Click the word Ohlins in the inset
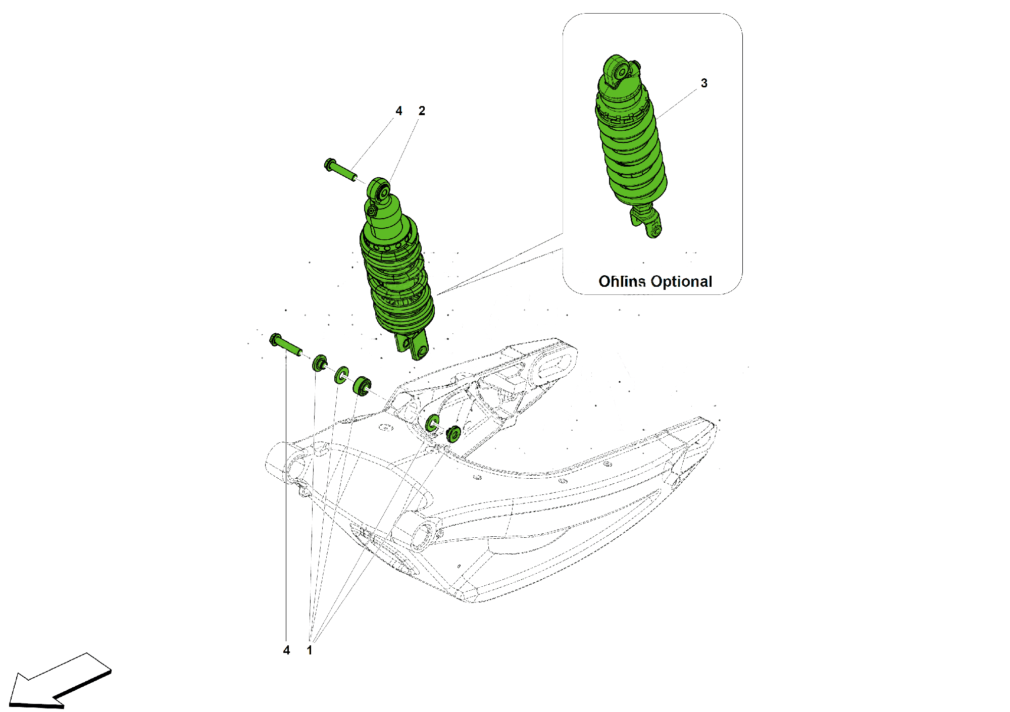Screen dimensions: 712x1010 622,281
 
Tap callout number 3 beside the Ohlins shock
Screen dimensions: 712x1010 704,83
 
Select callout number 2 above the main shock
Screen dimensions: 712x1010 422,111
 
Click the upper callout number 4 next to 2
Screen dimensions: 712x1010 399,111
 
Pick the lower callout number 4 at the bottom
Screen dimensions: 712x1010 286,650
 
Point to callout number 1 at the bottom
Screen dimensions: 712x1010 310,650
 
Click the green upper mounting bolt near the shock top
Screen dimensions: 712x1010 339,170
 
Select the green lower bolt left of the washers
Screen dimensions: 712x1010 285,344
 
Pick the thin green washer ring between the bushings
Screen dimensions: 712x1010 342,375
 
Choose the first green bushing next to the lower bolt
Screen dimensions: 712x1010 320,363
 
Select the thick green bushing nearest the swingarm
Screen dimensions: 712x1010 362,386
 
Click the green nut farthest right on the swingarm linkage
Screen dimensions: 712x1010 453,434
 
